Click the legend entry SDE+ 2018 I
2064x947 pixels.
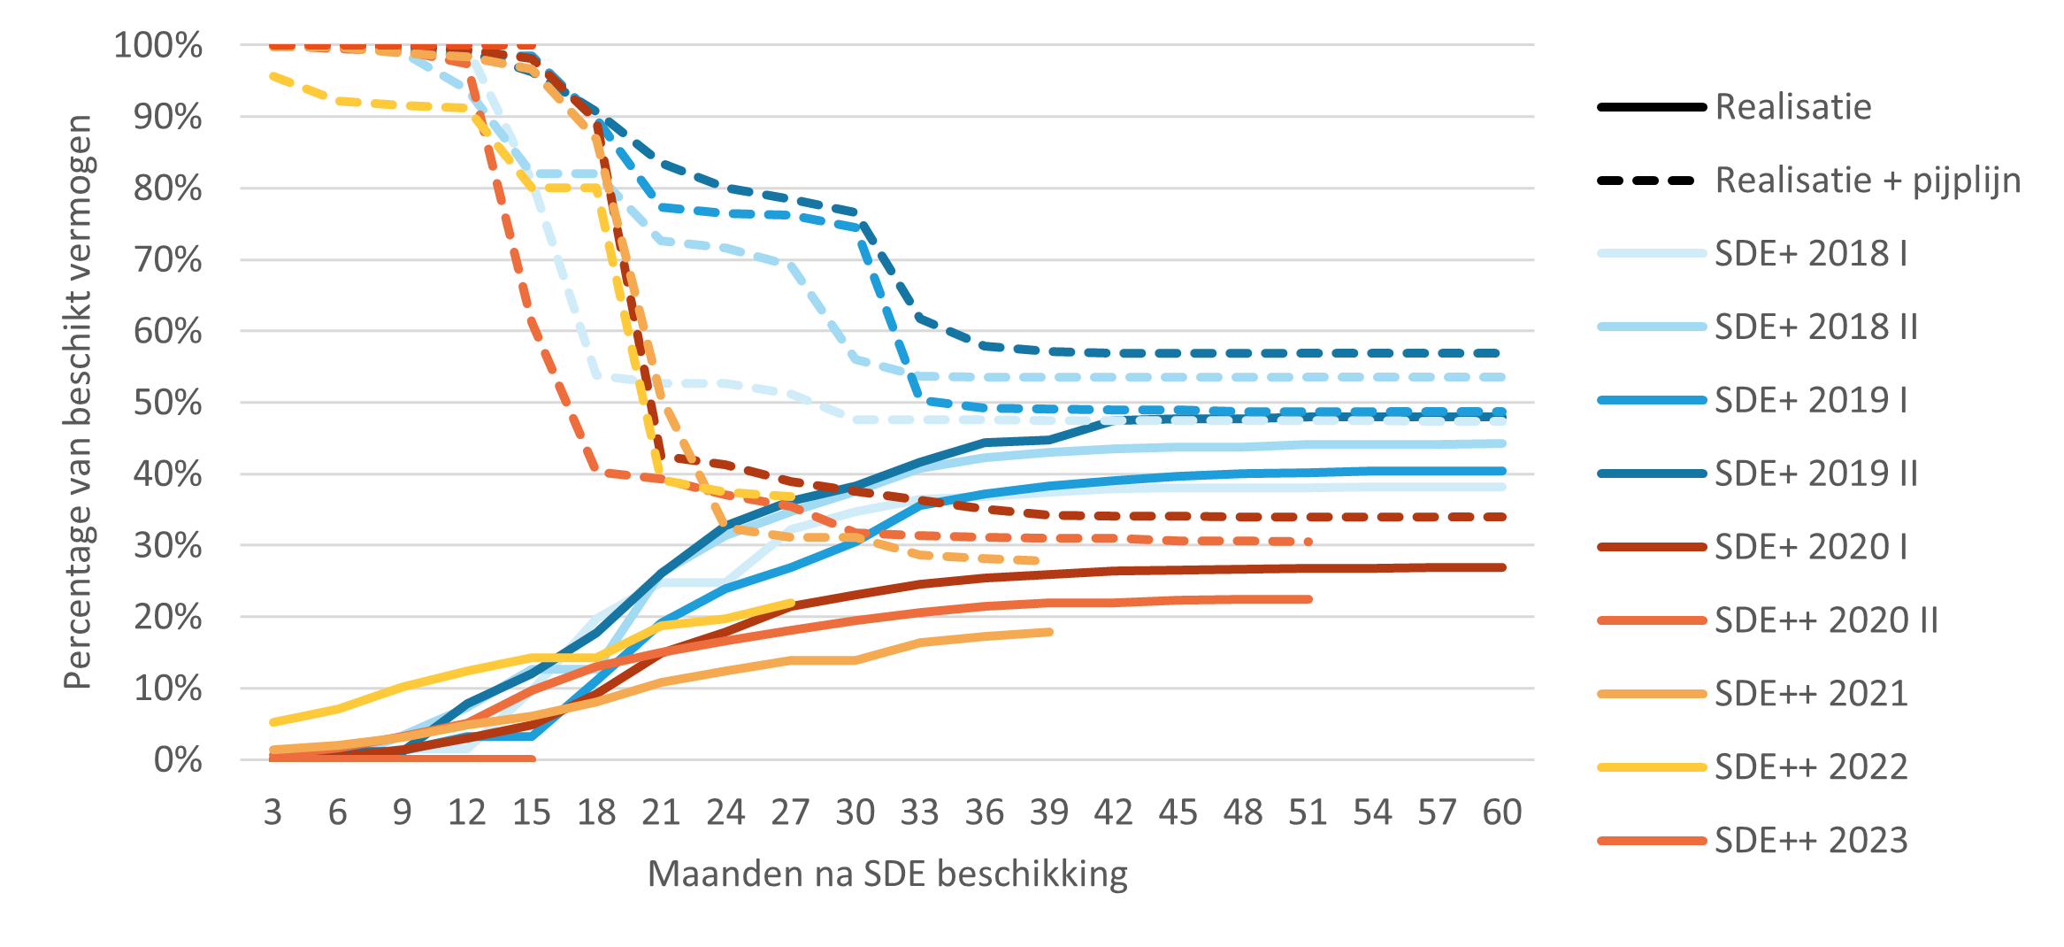click(x=1810, y=254)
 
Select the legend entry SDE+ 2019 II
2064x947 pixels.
click(x=1815, y=473)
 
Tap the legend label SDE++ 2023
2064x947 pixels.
click(x=1810, y=840)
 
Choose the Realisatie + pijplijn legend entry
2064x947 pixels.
click(x=1867, y=181)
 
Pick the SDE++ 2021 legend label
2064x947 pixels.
click(x=1810, y=693)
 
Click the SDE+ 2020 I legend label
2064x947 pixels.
click(x=1810, y=547)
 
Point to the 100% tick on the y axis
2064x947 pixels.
click(x=158, y=45)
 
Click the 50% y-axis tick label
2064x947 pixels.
click(x=167, y=403)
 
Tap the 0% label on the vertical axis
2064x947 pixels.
click(x=178, y=760)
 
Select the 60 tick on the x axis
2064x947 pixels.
click(x=1501, y=812)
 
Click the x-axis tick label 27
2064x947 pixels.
click(x=790, y=812)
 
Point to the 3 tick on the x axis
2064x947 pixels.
click(x=272, y=812)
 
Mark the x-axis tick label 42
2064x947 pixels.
click(x=1113, y=812)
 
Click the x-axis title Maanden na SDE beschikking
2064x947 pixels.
click(x=887, y=874)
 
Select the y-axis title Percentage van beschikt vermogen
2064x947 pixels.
click(x=78, y=402)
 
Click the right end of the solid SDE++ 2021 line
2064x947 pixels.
click(x=1049, y=632)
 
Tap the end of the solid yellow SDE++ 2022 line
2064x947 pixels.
click(x=791, y=603)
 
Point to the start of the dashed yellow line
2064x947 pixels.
click(x=272, y=76)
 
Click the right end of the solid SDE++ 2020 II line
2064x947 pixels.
click(x=1308, y=599)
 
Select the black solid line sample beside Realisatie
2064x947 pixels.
click(x=1651, y=107)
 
